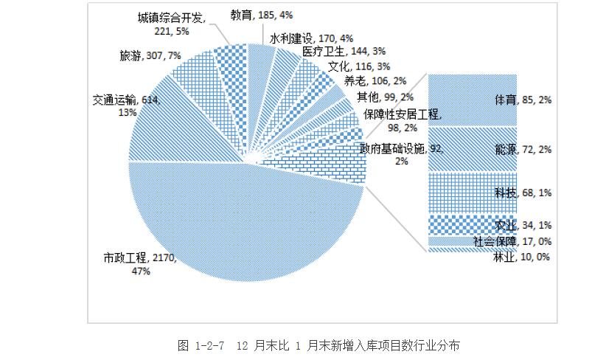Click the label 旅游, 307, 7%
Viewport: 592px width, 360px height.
point(149,55)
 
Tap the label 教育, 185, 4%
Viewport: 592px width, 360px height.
point(262,14)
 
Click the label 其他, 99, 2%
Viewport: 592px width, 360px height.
point(385,97)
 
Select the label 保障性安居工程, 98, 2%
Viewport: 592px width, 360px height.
point(403,120)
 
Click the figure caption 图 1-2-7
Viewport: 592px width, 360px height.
point(318,345)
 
